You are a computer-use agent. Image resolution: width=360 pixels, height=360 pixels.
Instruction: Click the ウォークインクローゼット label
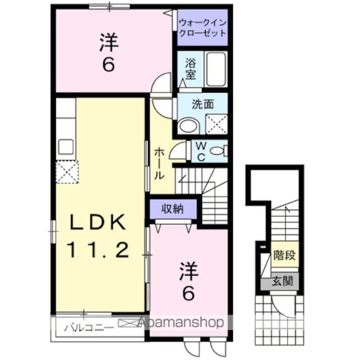(202, 28)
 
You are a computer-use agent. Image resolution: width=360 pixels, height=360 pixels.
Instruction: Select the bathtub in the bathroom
(215, 69)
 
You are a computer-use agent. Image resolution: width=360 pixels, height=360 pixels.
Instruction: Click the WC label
(201, 151)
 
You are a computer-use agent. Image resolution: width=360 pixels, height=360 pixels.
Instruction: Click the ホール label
(160, 163)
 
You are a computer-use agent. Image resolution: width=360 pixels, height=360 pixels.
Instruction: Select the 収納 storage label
(173, 209)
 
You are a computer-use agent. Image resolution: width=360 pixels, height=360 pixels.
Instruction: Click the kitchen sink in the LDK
(66, 147)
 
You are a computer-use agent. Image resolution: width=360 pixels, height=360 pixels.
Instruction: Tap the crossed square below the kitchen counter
(66, 172)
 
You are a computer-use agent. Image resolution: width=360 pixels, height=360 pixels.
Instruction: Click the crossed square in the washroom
(216, 123)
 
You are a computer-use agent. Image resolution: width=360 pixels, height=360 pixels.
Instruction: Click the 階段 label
(284, 255)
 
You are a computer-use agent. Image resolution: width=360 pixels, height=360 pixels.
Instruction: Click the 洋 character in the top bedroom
(108, 43)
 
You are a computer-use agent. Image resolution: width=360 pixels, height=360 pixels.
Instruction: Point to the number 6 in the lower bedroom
(187, 292)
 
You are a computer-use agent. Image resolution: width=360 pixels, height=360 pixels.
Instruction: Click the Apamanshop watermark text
(180, 323)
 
